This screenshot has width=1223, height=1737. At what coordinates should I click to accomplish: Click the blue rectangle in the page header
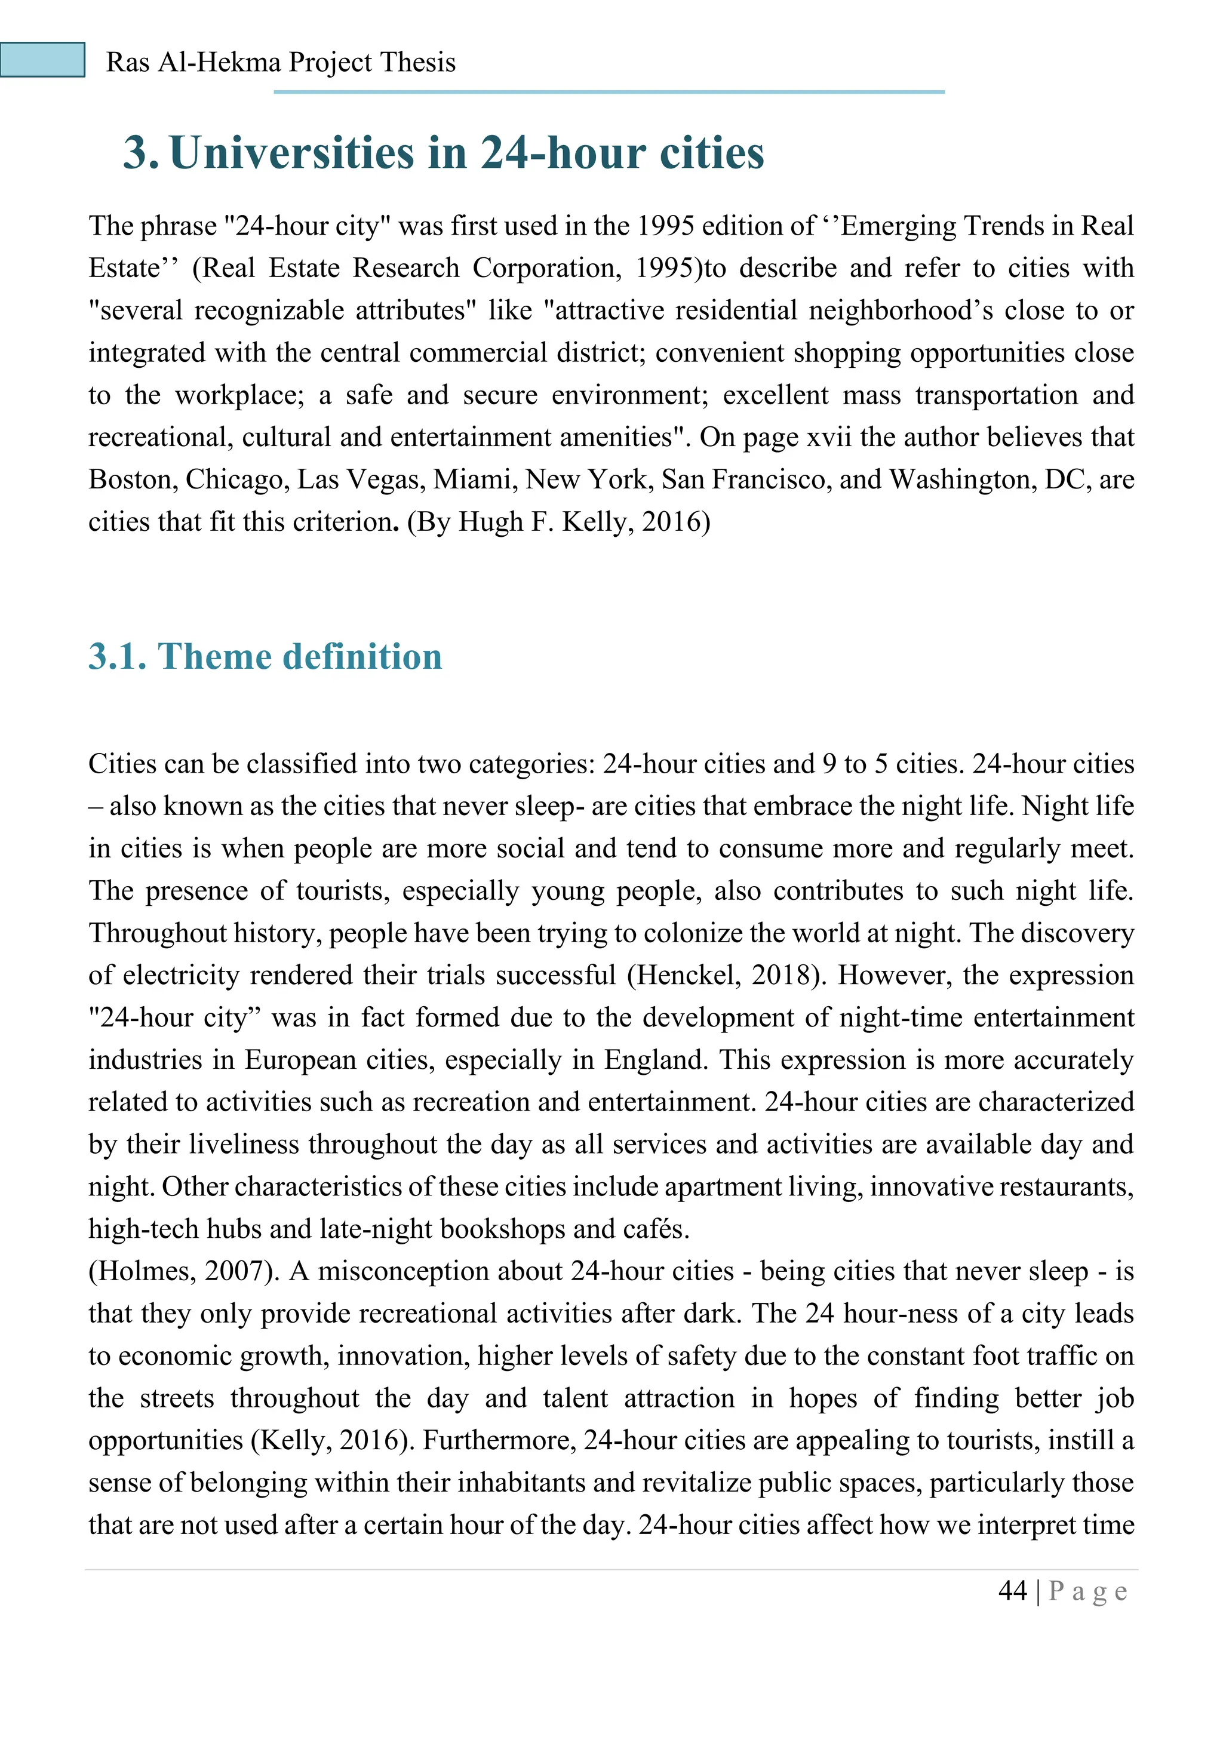[42, 60]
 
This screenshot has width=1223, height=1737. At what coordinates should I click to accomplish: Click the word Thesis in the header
[418, 62]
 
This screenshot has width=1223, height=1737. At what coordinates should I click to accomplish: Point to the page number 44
[1013, 1591]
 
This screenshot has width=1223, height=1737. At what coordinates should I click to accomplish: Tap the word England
[656, 1060]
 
